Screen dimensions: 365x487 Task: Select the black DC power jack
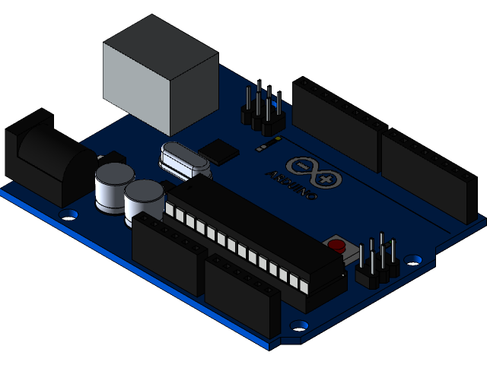(x=46, y=160)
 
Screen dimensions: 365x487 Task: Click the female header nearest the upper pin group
(x=335, y=122)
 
